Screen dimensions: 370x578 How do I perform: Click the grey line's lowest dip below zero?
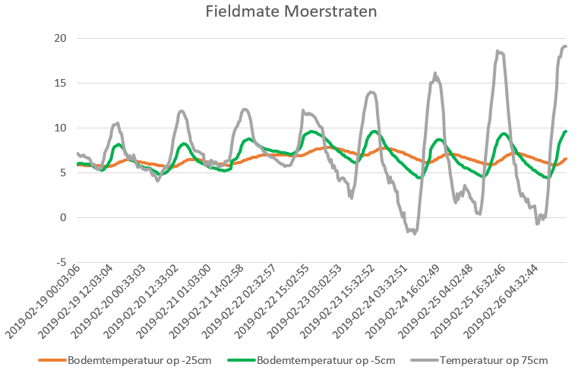[x=414, y=232]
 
